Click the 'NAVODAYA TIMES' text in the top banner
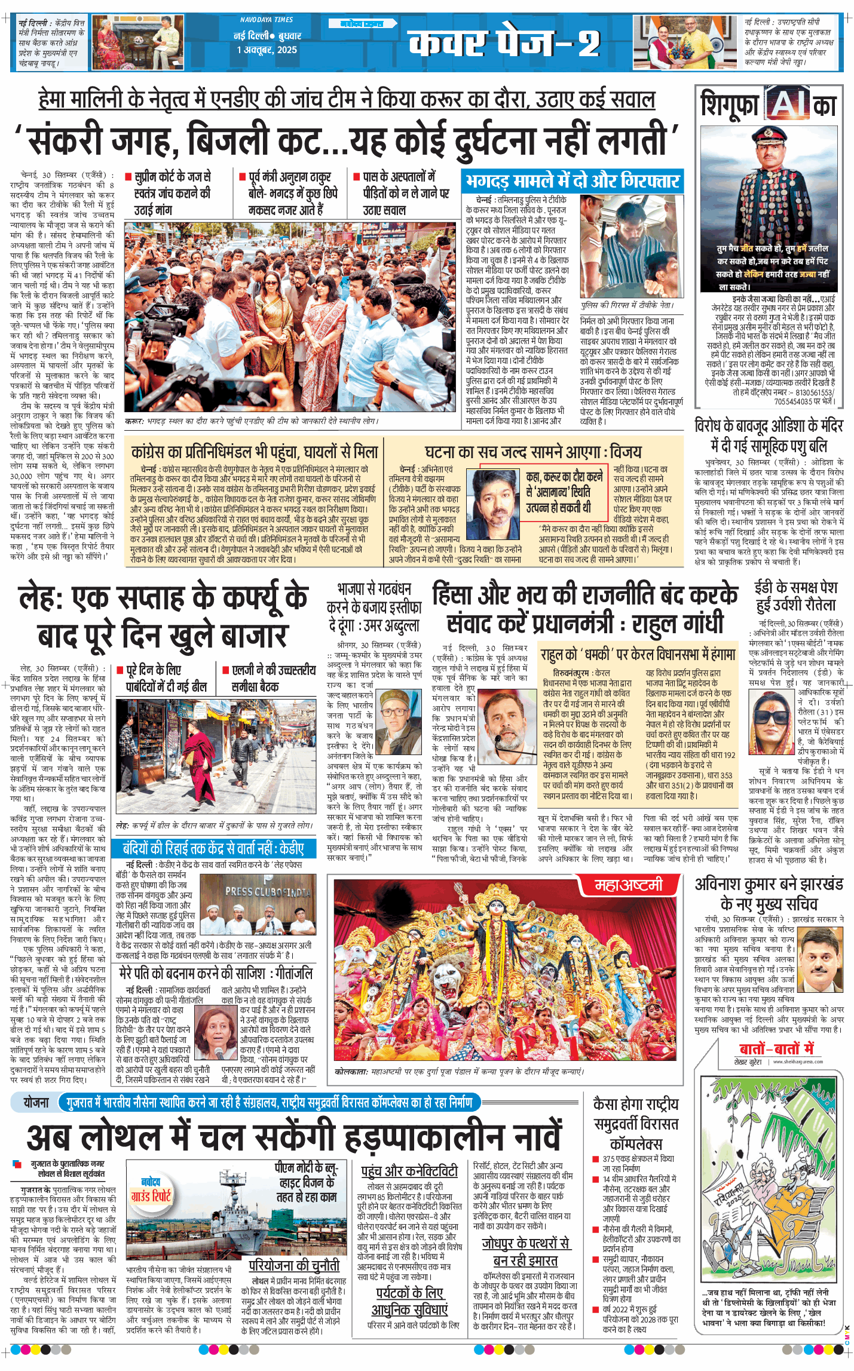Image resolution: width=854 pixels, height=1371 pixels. pyautogui.click(x=267, y=20)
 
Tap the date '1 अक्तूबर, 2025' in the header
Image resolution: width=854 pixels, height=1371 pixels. pyautogui.click(x=267, y=50)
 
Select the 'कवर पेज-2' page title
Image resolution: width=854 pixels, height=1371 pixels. pyautogui.click(x=503, y=43)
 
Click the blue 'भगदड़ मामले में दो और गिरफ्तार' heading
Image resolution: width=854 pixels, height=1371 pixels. pyautogui.click(x=573, y=181)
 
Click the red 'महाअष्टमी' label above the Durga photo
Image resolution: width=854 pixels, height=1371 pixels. pyautogui.click(x=629, y=885)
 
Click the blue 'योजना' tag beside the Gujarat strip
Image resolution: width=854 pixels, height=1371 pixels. pyautogui.click(x=36, y=1102)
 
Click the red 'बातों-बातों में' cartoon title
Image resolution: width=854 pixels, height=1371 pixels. pyautogui.click(x=776, y=1048)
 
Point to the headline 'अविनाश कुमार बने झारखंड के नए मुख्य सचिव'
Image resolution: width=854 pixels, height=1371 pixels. pyautogui.click(x=769, y=894)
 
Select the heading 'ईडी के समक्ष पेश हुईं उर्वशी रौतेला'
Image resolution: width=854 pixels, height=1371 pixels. pyautogui.click(x=796, y=596)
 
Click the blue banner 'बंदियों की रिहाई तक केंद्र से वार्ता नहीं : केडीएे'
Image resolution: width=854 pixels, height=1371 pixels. pyautogui.click(x=213, y=848)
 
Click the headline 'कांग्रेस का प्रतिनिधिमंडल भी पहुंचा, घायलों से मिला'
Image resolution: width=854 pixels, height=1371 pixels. pyautogui.click(x=255, y=452)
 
